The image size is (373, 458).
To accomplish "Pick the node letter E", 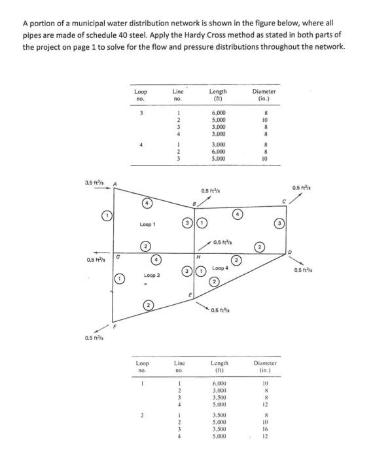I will click(190, 296).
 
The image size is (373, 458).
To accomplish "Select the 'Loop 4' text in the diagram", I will click(220, 268).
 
